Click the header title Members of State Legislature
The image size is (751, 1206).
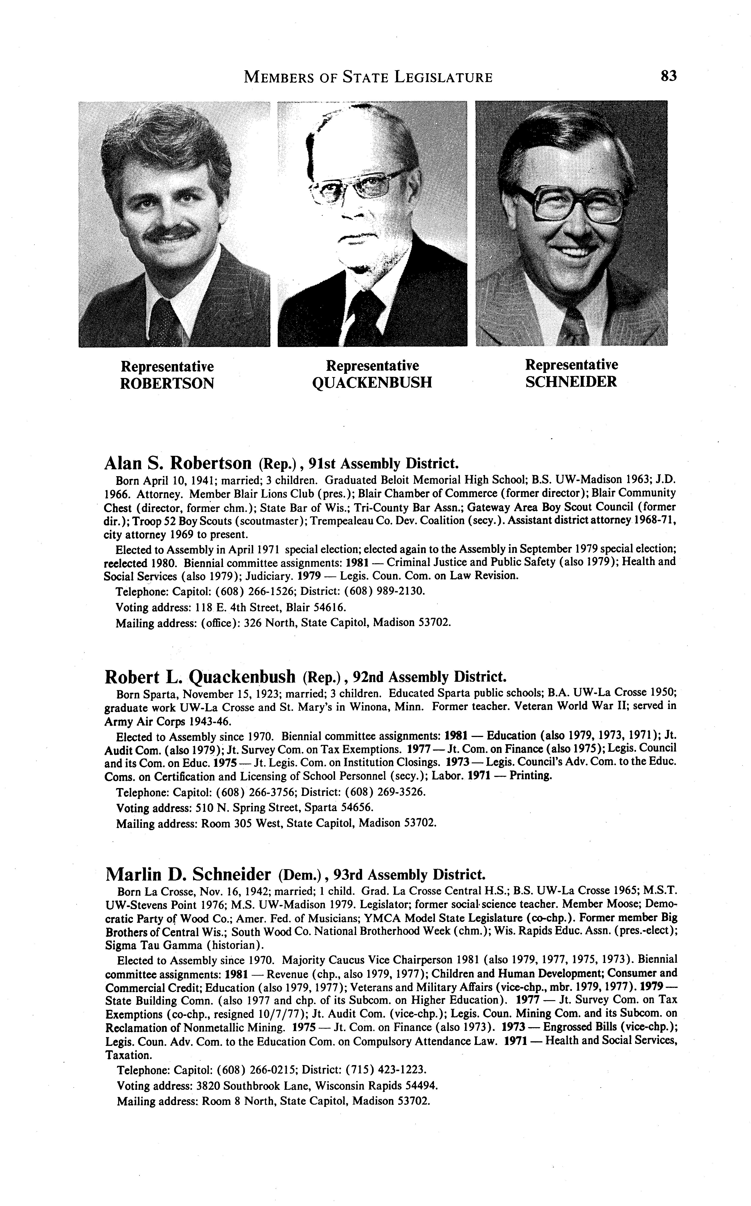tap(369, 77)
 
